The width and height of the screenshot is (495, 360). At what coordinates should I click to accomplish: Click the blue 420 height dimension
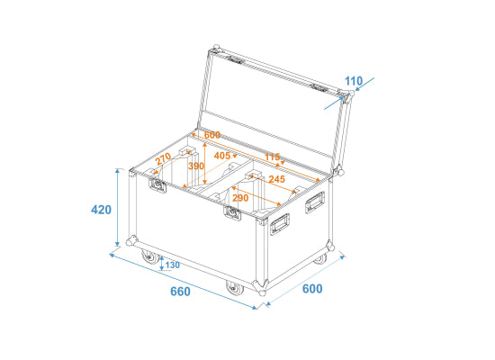[101, 210]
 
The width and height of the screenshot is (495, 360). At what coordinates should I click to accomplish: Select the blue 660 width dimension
[180, 292]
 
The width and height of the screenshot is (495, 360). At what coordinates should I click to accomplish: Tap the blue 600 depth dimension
[312, 289]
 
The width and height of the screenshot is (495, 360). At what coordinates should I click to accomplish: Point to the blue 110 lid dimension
[354, 81]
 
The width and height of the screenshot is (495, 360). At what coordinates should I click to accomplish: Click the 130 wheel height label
[173, 265]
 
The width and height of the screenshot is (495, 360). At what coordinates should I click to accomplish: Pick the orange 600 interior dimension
[212, 135]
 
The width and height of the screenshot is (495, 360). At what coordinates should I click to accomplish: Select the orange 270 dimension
[164, 158]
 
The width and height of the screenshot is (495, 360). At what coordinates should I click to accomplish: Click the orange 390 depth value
[196, 166]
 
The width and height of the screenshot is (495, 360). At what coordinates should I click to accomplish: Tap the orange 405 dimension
[222, 156]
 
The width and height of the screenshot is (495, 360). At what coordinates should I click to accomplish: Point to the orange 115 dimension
[272, 157]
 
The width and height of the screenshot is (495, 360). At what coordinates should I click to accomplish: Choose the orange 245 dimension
[277, 179]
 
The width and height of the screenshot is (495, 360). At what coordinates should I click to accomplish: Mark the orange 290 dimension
[240, 198]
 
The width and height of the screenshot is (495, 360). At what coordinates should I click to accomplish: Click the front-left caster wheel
[150, 256]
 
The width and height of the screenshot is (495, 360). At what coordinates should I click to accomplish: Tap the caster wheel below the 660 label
[235, 289]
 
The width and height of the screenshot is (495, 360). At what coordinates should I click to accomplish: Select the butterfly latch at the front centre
[233, 213]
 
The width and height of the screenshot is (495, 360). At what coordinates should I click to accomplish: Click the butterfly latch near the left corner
[157, 184]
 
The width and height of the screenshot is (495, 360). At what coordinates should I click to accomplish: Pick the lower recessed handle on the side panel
[280, 224]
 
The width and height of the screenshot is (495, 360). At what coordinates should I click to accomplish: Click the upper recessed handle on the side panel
[315, 202]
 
